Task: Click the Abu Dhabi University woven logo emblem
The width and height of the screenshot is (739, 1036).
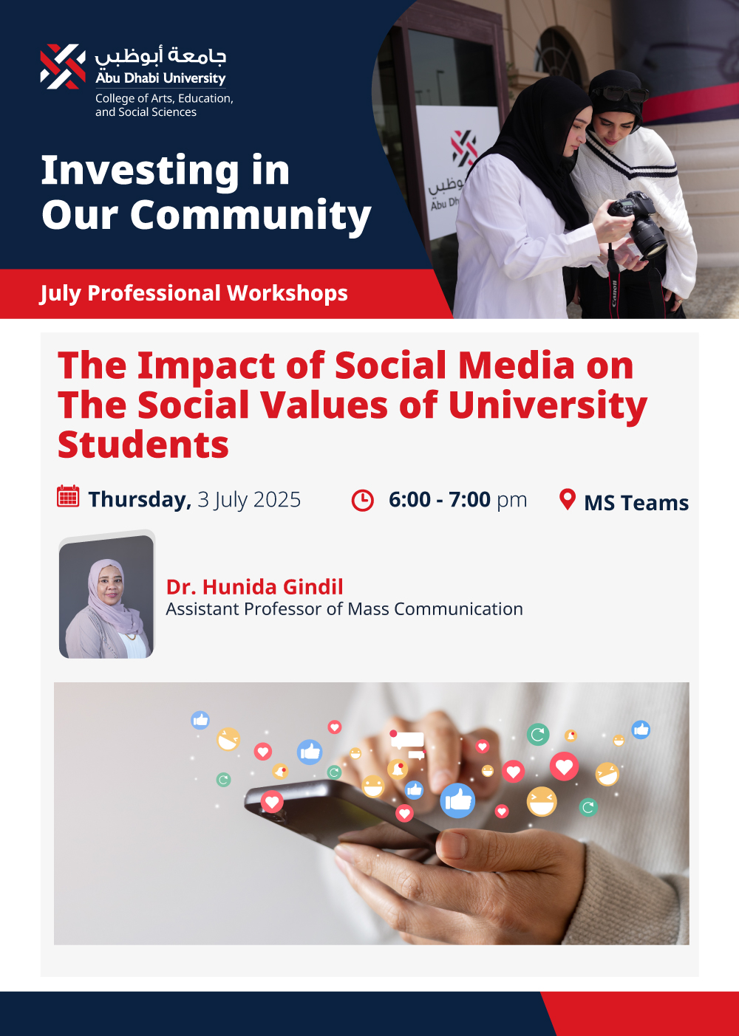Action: (63, 66)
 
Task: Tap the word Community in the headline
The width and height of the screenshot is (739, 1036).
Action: (251, 215)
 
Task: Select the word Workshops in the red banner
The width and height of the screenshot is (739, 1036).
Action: (287, 292)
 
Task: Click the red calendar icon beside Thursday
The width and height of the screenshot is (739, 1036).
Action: (68, 496)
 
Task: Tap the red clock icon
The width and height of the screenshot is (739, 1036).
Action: (362, 500)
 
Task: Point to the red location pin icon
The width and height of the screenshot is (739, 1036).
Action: (568, 499)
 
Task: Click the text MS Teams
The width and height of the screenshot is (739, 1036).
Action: (636, 503)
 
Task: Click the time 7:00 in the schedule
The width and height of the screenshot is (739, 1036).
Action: (469, 499)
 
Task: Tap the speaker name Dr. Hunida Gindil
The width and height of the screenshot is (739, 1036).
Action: (254, 586)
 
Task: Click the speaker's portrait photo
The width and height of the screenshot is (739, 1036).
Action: (106, 597)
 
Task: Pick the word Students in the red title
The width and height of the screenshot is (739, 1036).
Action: (143, 444)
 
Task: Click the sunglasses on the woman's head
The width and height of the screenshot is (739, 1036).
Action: (620, 94)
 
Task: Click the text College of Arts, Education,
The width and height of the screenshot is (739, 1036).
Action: (164, 98)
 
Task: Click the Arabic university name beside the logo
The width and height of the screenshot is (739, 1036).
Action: (160, 56)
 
